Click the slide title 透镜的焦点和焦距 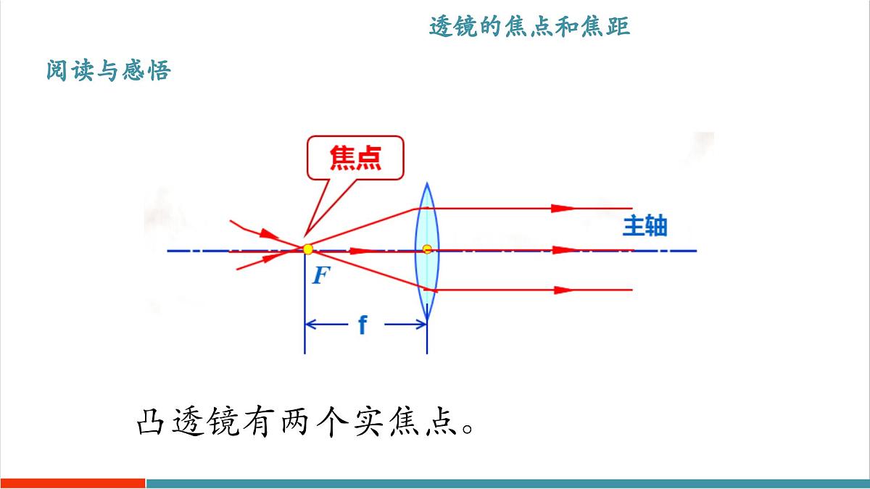[x=529, y=28]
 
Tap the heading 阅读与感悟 [x=108, y=71]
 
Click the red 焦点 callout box [x=355, y=157]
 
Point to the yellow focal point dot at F [x=308, y=250]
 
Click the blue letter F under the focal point [x=320, y=275]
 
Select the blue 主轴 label [x=645, y=227]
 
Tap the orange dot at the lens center [x=427, y=249]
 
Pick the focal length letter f [x=362, y=325]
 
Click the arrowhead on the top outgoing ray [x=561, y=208]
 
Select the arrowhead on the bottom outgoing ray [x=561, y=290]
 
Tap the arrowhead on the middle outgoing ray [x=563, y=250]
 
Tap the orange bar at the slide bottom [x=72, y=482]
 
